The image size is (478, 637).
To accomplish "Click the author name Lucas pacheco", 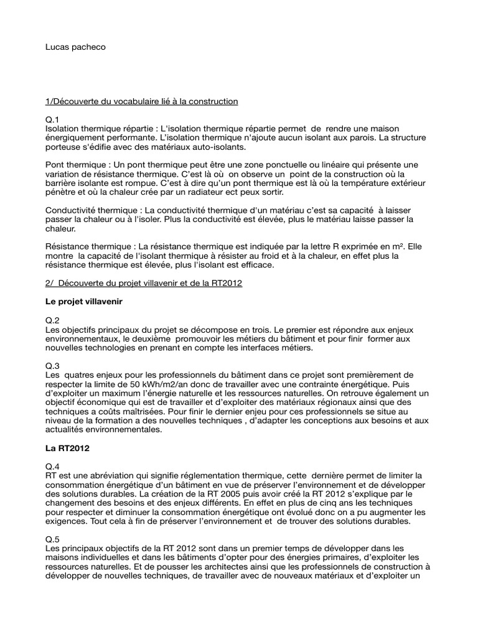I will coord(75,47).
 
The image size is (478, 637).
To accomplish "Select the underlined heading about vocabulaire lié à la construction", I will coord(142,101).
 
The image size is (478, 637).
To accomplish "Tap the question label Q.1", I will coord(53,119).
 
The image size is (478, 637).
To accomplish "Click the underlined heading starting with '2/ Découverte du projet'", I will coord(144,283).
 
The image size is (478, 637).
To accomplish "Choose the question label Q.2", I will coord(53,320).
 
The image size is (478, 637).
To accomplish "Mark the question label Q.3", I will coord(53,366).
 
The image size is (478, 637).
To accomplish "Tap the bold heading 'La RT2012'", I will coord(68,448).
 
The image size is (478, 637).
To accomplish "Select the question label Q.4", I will coord(53,466).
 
